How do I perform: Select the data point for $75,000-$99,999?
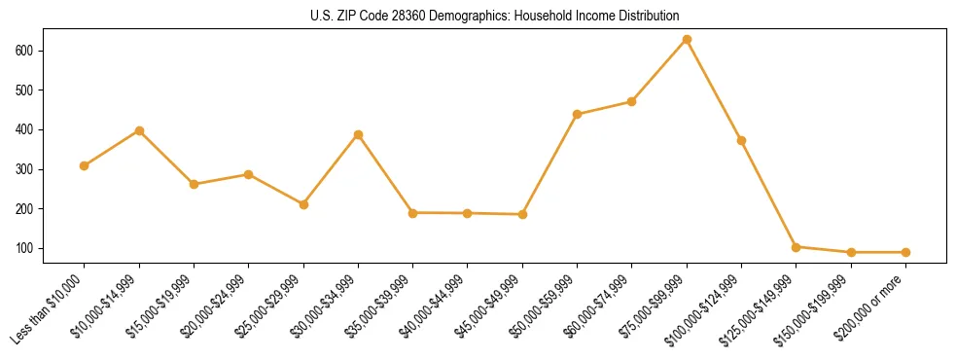coord(687,39)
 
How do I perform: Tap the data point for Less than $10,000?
coord(85,165)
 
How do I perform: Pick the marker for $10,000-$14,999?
coord(139,130)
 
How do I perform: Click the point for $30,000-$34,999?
coord(358,134)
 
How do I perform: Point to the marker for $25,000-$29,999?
coord(303,204)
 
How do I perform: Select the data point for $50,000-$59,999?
coord(577,114)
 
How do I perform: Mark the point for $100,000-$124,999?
coord(741,140)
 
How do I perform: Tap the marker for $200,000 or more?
coord(905,252)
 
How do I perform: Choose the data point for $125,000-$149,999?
coord(796,247)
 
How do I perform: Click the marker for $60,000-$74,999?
coord(632,101)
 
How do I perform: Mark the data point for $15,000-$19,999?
coord(194,184)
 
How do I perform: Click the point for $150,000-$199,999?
coord(851,252)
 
